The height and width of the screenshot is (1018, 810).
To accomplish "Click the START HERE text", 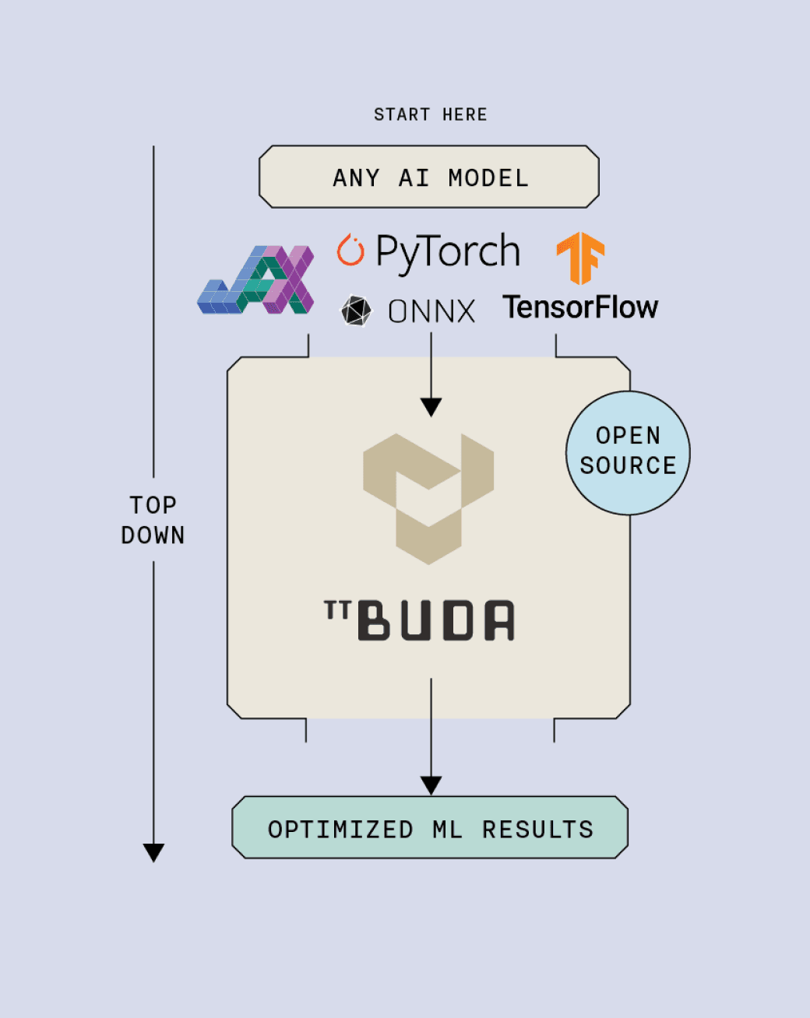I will tap(430, 115).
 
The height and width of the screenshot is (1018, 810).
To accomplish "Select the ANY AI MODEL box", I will tap(429, 177).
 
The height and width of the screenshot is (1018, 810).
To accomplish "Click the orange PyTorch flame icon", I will tap(350, 250).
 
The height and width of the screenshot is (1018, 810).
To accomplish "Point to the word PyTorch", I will tap(448, 252).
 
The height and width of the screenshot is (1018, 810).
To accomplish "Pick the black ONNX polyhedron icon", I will tap(357, 311).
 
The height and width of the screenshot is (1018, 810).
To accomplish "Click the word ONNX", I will tap(431, 312).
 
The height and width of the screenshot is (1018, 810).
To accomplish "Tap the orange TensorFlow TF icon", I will tap(581, 257).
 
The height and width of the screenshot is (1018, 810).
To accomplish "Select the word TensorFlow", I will tap(580, 307).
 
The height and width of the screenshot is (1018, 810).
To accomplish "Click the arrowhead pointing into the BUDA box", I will tap(431, 407).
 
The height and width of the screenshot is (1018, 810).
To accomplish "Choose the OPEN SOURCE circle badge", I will tap(628, 452).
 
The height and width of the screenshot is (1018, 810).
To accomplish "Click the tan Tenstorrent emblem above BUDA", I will tap(428, 498).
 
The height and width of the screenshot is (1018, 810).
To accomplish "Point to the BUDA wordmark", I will tap(436, 620).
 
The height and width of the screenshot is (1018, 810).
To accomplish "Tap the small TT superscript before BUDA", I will tap(336, 610).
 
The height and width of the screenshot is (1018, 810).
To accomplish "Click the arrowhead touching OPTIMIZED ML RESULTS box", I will tap(431, 785).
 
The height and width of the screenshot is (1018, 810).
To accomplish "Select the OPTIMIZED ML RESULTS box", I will tap(430, 827).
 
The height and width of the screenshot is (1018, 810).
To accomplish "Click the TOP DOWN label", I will tap(153, 520).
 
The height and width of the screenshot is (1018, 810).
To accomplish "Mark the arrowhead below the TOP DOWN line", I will tap(154, 852).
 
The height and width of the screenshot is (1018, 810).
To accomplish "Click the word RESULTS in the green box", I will tap(537, 830).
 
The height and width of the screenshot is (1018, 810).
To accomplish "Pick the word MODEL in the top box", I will tap(488, 178).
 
